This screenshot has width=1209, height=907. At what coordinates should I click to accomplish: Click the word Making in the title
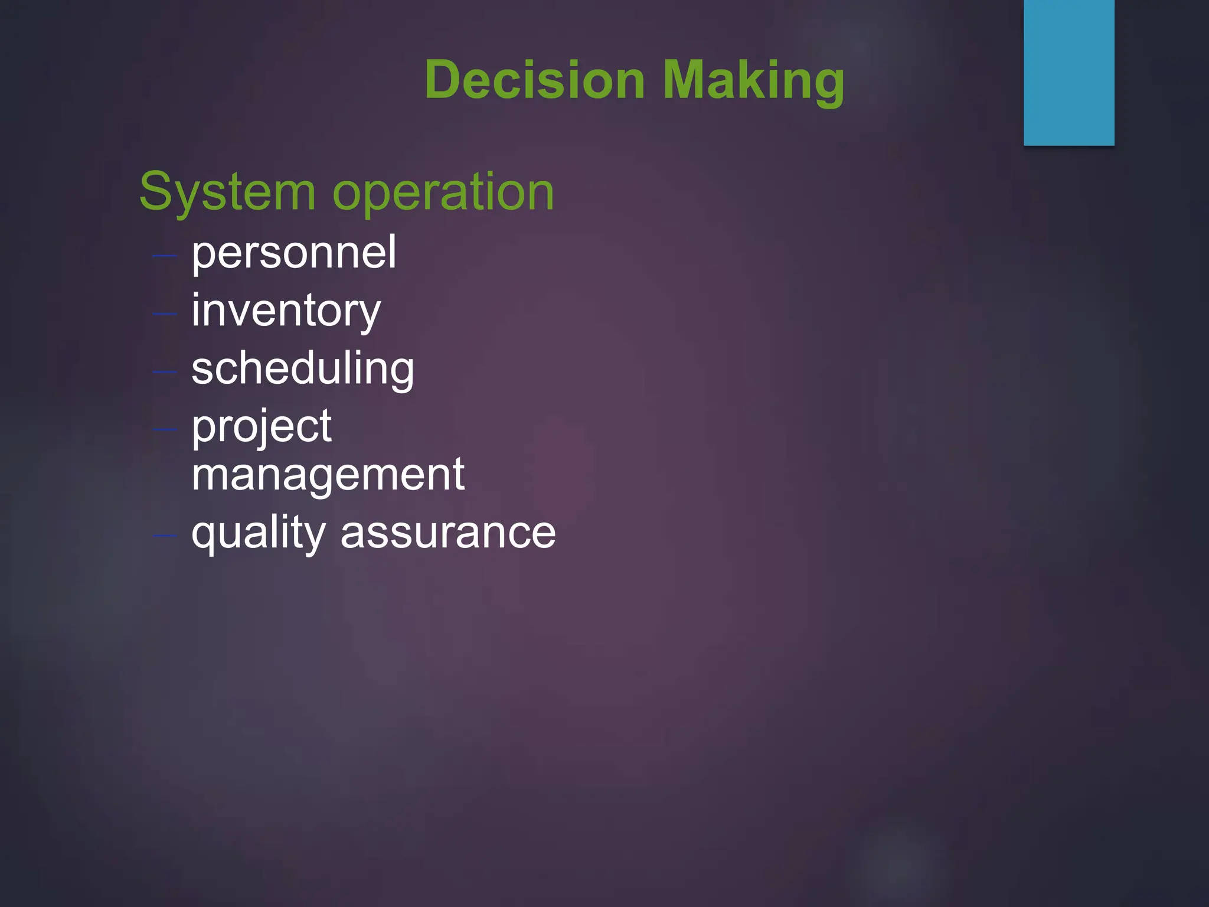753,81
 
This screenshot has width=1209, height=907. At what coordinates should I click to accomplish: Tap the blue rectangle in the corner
1069,72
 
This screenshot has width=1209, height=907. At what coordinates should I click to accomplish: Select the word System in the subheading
227,192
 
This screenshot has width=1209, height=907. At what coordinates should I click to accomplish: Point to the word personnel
293,253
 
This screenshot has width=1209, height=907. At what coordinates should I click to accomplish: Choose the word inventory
286,312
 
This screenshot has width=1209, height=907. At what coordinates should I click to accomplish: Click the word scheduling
302,369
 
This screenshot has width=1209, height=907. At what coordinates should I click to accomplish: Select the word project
261,427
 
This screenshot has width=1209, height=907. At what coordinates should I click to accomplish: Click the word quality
258,533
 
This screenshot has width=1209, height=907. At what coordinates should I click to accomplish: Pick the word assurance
448,533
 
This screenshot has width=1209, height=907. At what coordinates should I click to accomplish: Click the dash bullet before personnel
165,256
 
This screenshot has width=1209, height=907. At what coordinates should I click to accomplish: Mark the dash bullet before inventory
165,314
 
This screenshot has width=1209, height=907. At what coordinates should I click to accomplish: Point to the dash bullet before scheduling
165,371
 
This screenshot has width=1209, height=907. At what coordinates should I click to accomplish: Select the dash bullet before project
165,429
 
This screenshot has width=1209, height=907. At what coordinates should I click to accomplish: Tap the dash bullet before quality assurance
165,536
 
